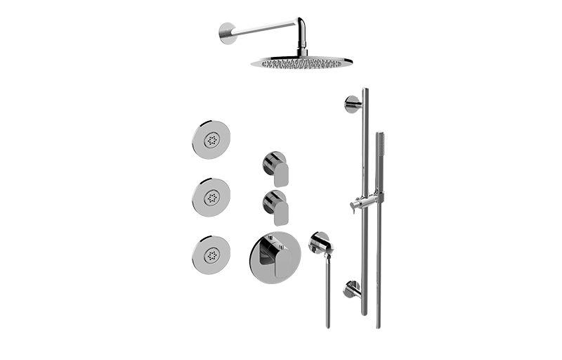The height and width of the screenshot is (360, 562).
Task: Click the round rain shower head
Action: click(x=301, y=62)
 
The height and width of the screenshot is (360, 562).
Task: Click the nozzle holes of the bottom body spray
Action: click(x=211, y=255)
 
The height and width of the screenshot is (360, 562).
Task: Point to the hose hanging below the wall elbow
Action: click(x=327, y=295)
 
